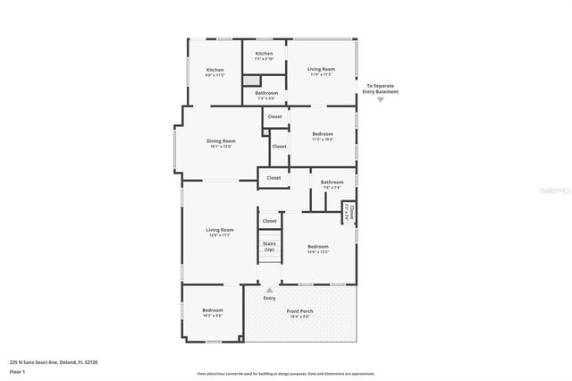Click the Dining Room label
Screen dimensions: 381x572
[x=221, y=140]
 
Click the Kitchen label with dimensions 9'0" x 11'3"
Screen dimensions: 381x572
[x=215, y=70]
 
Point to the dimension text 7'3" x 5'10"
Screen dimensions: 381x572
[x=264, y=59]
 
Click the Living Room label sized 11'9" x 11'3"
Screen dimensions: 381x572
[x=321, y=69]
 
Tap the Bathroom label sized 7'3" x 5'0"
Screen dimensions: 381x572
[x=266, y=93]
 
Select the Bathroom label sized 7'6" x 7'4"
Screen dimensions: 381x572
[x=332, y=182]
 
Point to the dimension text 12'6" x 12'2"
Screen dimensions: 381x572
[x=318, y=251]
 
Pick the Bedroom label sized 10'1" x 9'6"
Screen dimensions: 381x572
[x=212, y=310]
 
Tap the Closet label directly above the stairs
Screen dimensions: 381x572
[x=269, y=220]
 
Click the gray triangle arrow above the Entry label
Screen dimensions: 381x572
[x=269, y=290]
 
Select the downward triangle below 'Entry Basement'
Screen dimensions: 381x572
[x=380, y=99]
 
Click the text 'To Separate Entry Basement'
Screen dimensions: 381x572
[x=383, y=88]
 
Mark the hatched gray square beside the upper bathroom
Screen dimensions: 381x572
[x=251, y=80]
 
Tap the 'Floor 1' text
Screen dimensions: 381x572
[x=17, y=370]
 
